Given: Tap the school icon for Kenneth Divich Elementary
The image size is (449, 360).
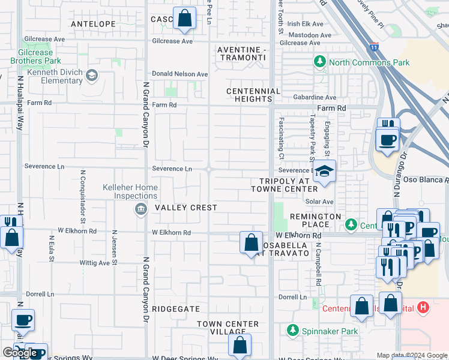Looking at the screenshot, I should tap(91, 75).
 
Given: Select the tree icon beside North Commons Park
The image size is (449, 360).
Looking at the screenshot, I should tap(320, 62).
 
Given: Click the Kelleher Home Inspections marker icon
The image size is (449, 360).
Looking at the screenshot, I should tap(140, 208).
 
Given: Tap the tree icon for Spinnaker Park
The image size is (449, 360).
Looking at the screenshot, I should tap(292, 331).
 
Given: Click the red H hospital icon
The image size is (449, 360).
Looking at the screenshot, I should tap(423, 308).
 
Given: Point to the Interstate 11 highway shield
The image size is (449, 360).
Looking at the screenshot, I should tap(374, 46).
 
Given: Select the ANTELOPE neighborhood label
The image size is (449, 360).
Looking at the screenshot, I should tap(93, 24).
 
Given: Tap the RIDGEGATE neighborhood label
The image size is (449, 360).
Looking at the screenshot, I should tap(175, 308).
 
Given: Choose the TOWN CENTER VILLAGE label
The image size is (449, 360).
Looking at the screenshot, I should tap(228, 328).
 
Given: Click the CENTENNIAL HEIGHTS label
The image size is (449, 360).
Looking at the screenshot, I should tap(253, 95).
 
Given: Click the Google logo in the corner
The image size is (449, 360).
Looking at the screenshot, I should tap(20, 353).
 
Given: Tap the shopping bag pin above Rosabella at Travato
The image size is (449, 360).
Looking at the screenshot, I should tap(252, 243).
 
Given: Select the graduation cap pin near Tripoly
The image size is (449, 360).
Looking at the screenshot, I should tap(324, 173).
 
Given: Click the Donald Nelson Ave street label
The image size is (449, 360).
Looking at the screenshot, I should tap(179, 74).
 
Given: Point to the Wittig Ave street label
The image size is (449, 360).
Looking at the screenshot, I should tap(95, 263).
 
